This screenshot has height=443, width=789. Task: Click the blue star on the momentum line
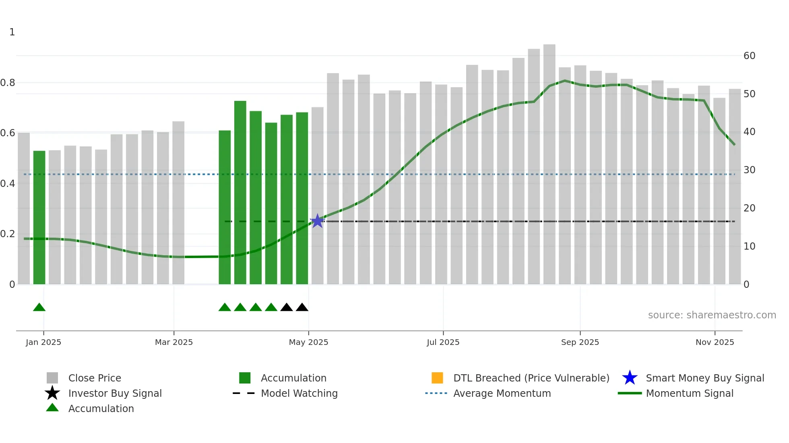[x=317, y=221]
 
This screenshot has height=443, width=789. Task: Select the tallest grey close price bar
[x=549, y=165]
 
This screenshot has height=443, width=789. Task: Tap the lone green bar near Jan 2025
[x=39, y=217]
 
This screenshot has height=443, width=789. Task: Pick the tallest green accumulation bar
[x=240, y=193]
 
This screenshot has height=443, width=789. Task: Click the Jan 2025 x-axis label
[x=43, y=342]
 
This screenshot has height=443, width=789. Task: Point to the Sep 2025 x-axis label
[x=580, y=342]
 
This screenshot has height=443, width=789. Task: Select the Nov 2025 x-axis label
[x=715, y=342]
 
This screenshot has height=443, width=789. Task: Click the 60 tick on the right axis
[x=749, y=56]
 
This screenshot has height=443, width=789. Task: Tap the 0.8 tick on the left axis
[x=8, y=83]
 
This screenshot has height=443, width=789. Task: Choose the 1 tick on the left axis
[x=12, y=32]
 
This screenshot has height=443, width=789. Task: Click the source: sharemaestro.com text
[x=712, y=315]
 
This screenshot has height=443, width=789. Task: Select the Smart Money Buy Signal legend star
[x=630, y=378]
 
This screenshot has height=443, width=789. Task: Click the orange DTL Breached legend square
[x=437, y=378]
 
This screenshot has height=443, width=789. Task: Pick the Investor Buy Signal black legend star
[x=52, y=393]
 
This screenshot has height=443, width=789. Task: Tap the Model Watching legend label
[x=299, y=393]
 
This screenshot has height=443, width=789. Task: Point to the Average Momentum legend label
[x=502, y=393]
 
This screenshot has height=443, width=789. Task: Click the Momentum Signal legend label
[x=690, y=393]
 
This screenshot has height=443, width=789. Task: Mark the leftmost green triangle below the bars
[x=39, y=308]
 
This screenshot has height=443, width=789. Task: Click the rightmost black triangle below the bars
[x=302, y=308]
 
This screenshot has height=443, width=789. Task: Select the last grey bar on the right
[x=735, y=187]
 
